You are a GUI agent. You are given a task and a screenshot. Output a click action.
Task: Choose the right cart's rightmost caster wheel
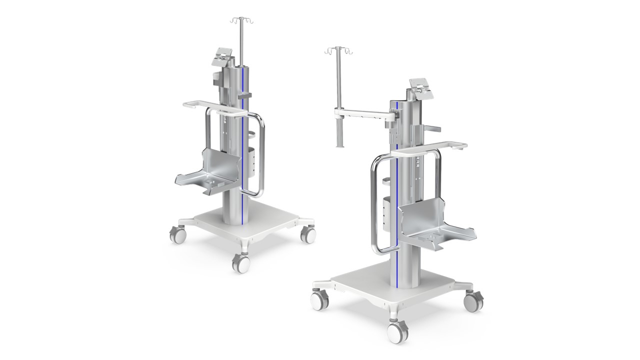click(x=473, y=301)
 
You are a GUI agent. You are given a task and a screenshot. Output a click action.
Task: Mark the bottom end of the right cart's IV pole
click(x=340, y=145)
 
